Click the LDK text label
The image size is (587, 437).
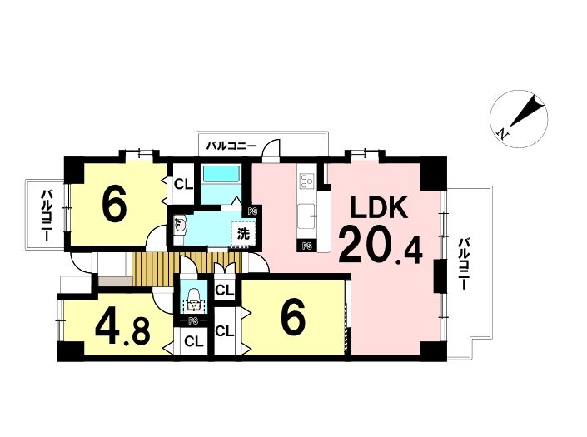tap(379, 208)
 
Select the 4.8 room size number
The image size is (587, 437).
tap(122, 330)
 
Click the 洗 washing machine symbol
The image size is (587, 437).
tap(243, 234)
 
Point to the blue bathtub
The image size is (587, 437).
tap(221, 174)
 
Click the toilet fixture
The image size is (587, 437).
tap(193, 299)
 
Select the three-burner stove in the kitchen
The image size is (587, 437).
tap(307, 181)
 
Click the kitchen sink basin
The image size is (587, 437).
tap(307, 216)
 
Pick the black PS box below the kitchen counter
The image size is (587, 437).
tap(307, 246)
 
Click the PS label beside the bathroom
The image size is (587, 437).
tap(252, 211)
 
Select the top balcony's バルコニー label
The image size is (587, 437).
tap(232, 146)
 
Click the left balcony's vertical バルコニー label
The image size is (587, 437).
tap(46, 215)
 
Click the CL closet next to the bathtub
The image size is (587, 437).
tap(184, 184)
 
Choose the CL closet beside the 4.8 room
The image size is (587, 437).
tap(194, 341)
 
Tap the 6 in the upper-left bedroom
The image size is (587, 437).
tap(114, 206)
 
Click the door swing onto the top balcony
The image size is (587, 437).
tap(271, 150)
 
